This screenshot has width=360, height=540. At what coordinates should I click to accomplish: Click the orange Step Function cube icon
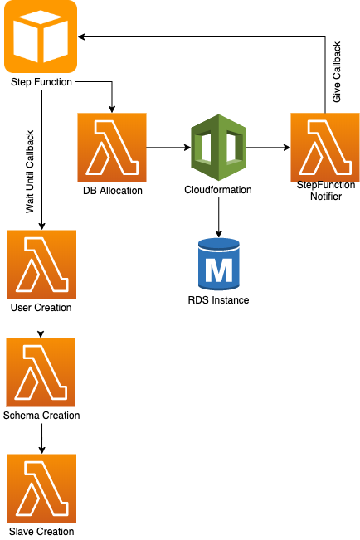click(41, 36)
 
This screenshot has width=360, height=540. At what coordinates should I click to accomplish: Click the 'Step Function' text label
click(41, 82)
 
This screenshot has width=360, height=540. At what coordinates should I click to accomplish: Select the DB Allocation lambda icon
click(112, 148)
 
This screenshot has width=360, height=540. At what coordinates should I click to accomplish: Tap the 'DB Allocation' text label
click(113, 191)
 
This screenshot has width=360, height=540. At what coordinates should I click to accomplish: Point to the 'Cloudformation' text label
click(217, 190)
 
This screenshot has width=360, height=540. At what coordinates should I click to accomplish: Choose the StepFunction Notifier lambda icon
click(325, 148)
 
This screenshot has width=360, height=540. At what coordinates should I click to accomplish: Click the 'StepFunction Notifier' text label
click(325, 191)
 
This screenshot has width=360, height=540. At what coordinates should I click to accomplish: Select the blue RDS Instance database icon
click(218, 264)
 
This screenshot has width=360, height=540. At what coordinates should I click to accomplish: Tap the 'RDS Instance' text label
click(218, 300)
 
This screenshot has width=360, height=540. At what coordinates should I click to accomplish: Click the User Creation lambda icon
click(41, 265)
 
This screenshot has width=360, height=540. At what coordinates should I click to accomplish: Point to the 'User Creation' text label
click(41, 308)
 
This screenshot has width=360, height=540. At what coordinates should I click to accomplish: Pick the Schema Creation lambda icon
click(41, 372)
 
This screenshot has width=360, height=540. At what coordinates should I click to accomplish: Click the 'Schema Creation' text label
click(41, 416)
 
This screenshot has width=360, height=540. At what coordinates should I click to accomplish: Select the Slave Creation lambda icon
click(41, 489)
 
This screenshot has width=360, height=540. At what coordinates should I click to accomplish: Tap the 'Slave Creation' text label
click(41, 532)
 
